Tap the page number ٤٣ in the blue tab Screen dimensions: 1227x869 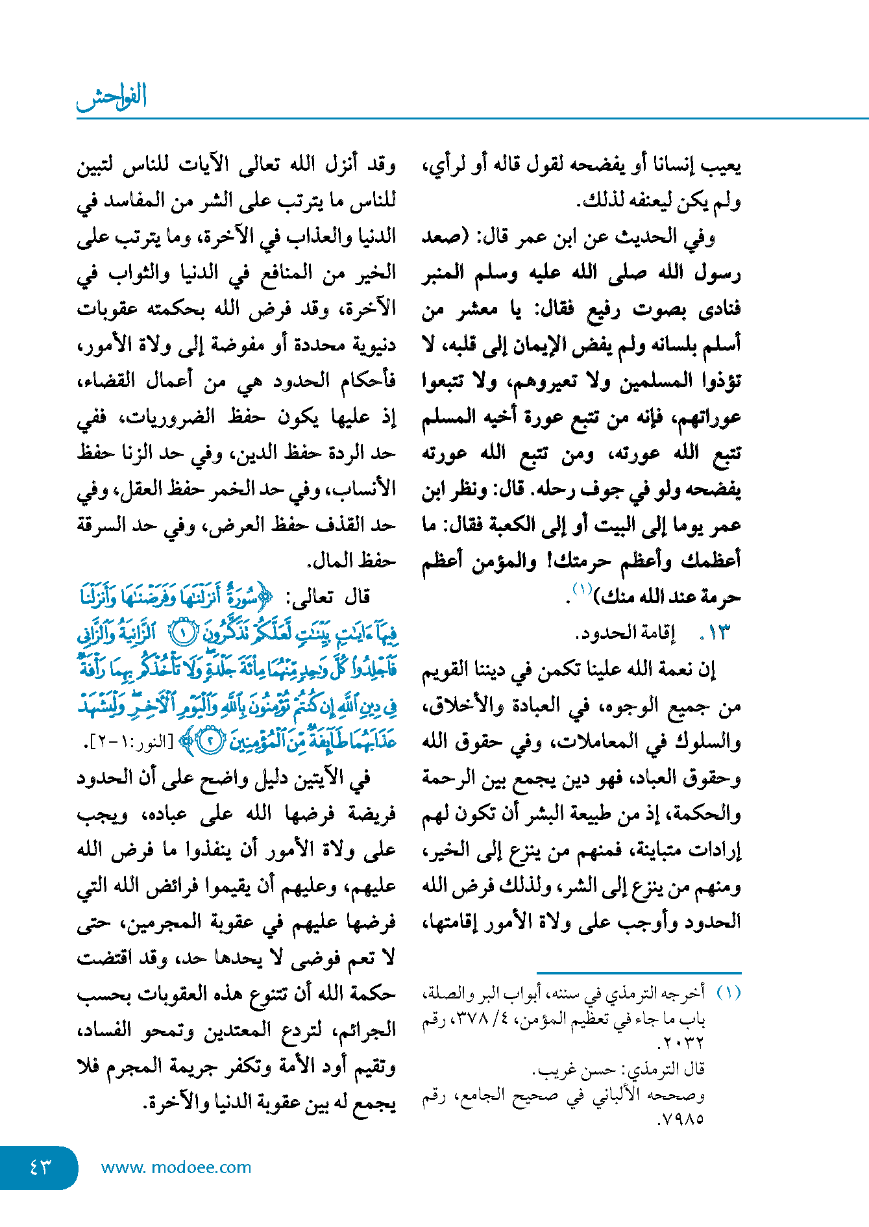click(x=40, y=1167)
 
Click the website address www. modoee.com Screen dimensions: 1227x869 click(x=176, y=1167)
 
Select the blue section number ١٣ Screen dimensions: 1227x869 click(x=715, y=632)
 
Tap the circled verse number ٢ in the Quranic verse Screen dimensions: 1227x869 click(x=209, y=741)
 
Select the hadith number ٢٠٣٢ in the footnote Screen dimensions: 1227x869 click(x=681, y=1044)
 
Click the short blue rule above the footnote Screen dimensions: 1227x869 click(x=639, y=973)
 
